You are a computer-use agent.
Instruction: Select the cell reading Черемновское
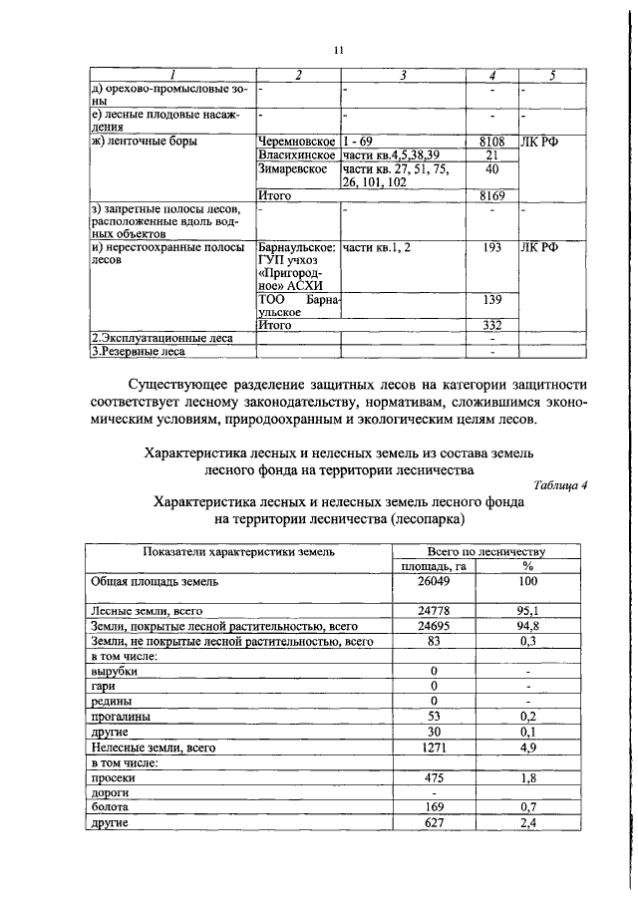coord(295,142)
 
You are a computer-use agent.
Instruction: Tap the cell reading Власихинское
coord(297,154)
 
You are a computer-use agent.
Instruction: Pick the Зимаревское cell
coord(293,168)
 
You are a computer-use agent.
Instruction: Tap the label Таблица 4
coord(561,485)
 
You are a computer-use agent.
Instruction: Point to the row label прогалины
coord(121,716)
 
